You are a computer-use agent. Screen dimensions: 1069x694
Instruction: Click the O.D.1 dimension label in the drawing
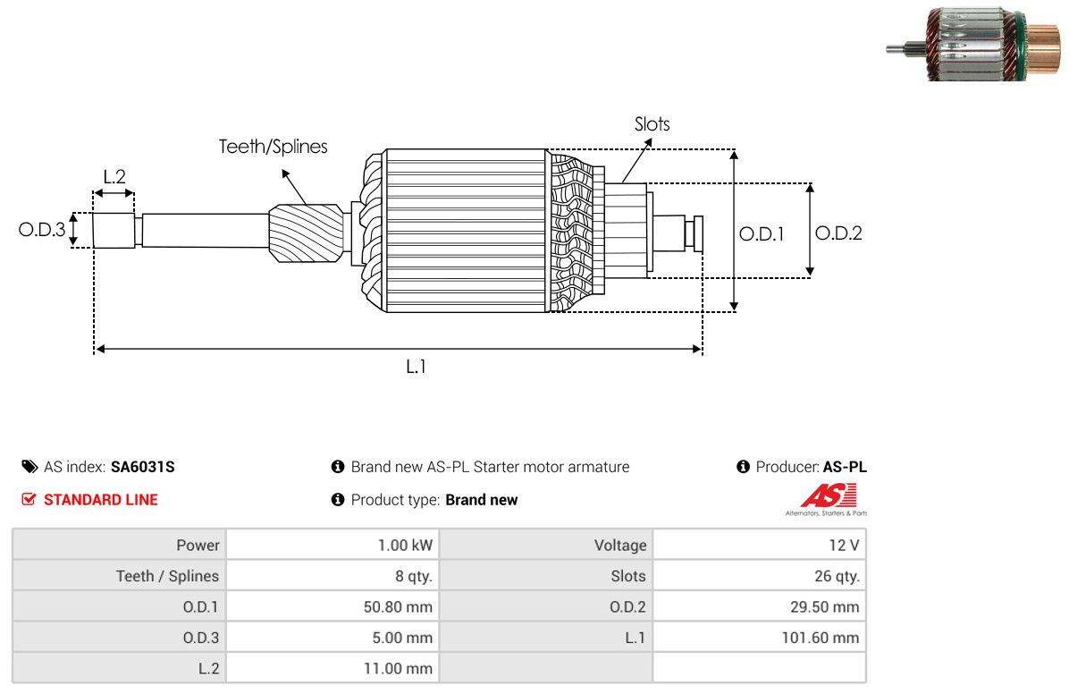[762, 234]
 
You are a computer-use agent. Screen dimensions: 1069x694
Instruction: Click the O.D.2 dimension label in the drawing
[838, 233]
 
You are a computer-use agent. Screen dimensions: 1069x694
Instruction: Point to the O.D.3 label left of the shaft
[42, 229]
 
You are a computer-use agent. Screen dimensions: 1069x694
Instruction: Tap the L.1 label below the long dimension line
[416, 368]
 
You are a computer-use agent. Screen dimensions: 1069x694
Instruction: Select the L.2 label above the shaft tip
[114, 177]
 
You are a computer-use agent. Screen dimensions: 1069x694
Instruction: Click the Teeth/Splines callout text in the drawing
[273, 147]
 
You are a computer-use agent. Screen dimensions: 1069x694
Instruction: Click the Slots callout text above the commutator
[652, 124]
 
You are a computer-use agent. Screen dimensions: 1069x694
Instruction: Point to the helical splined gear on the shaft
[306, 233]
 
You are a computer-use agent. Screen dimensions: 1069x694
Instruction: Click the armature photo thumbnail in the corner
[973, 45]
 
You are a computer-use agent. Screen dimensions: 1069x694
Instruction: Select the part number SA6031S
[142, 467]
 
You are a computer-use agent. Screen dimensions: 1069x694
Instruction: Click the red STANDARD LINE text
[101, 500]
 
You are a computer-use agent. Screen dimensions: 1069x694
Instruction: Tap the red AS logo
[829, 495]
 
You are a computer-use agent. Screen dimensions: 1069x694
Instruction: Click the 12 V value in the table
[844, 546]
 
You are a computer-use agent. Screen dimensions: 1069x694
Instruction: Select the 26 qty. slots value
[837, 576]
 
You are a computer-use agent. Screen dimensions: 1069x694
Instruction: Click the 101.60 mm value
[821, 638]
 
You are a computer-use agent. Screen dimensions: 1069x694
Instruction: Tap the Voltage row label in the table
[620, 546]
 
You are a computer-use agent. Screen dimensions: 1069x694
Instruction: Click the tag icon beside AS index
[30, 467]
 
